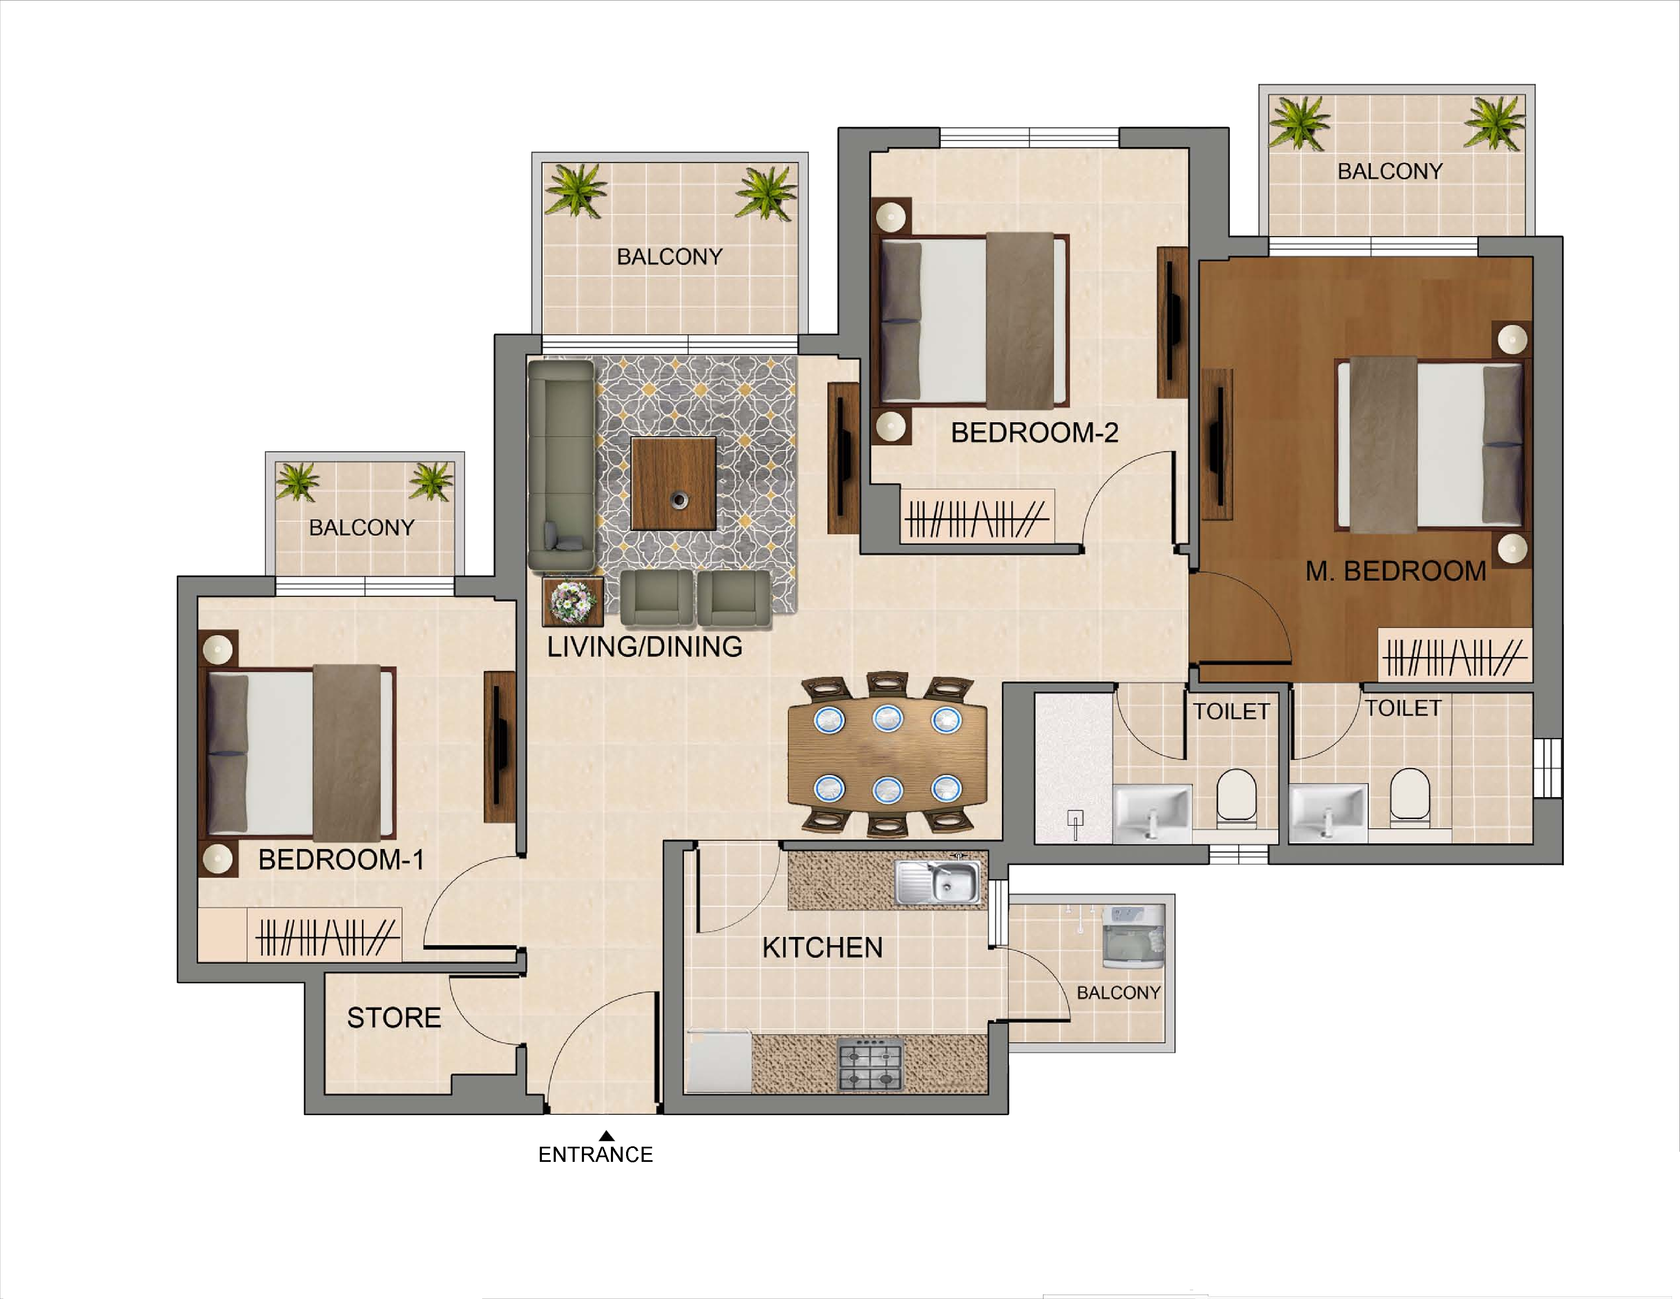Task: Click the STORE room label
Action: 394,1018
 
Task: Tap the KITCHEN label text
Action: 822,947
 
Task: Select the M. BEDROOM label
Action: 1396,571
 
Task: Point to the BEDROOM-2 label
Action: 1035,433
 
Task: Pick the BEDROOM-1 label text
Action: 341,859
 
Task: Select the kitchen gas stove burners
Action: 870,1064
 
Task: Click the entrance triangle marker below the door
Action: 607,1136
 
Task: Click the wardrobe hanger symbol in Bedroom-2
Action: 977,519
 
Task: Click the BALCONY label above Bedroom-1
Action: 361,528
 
